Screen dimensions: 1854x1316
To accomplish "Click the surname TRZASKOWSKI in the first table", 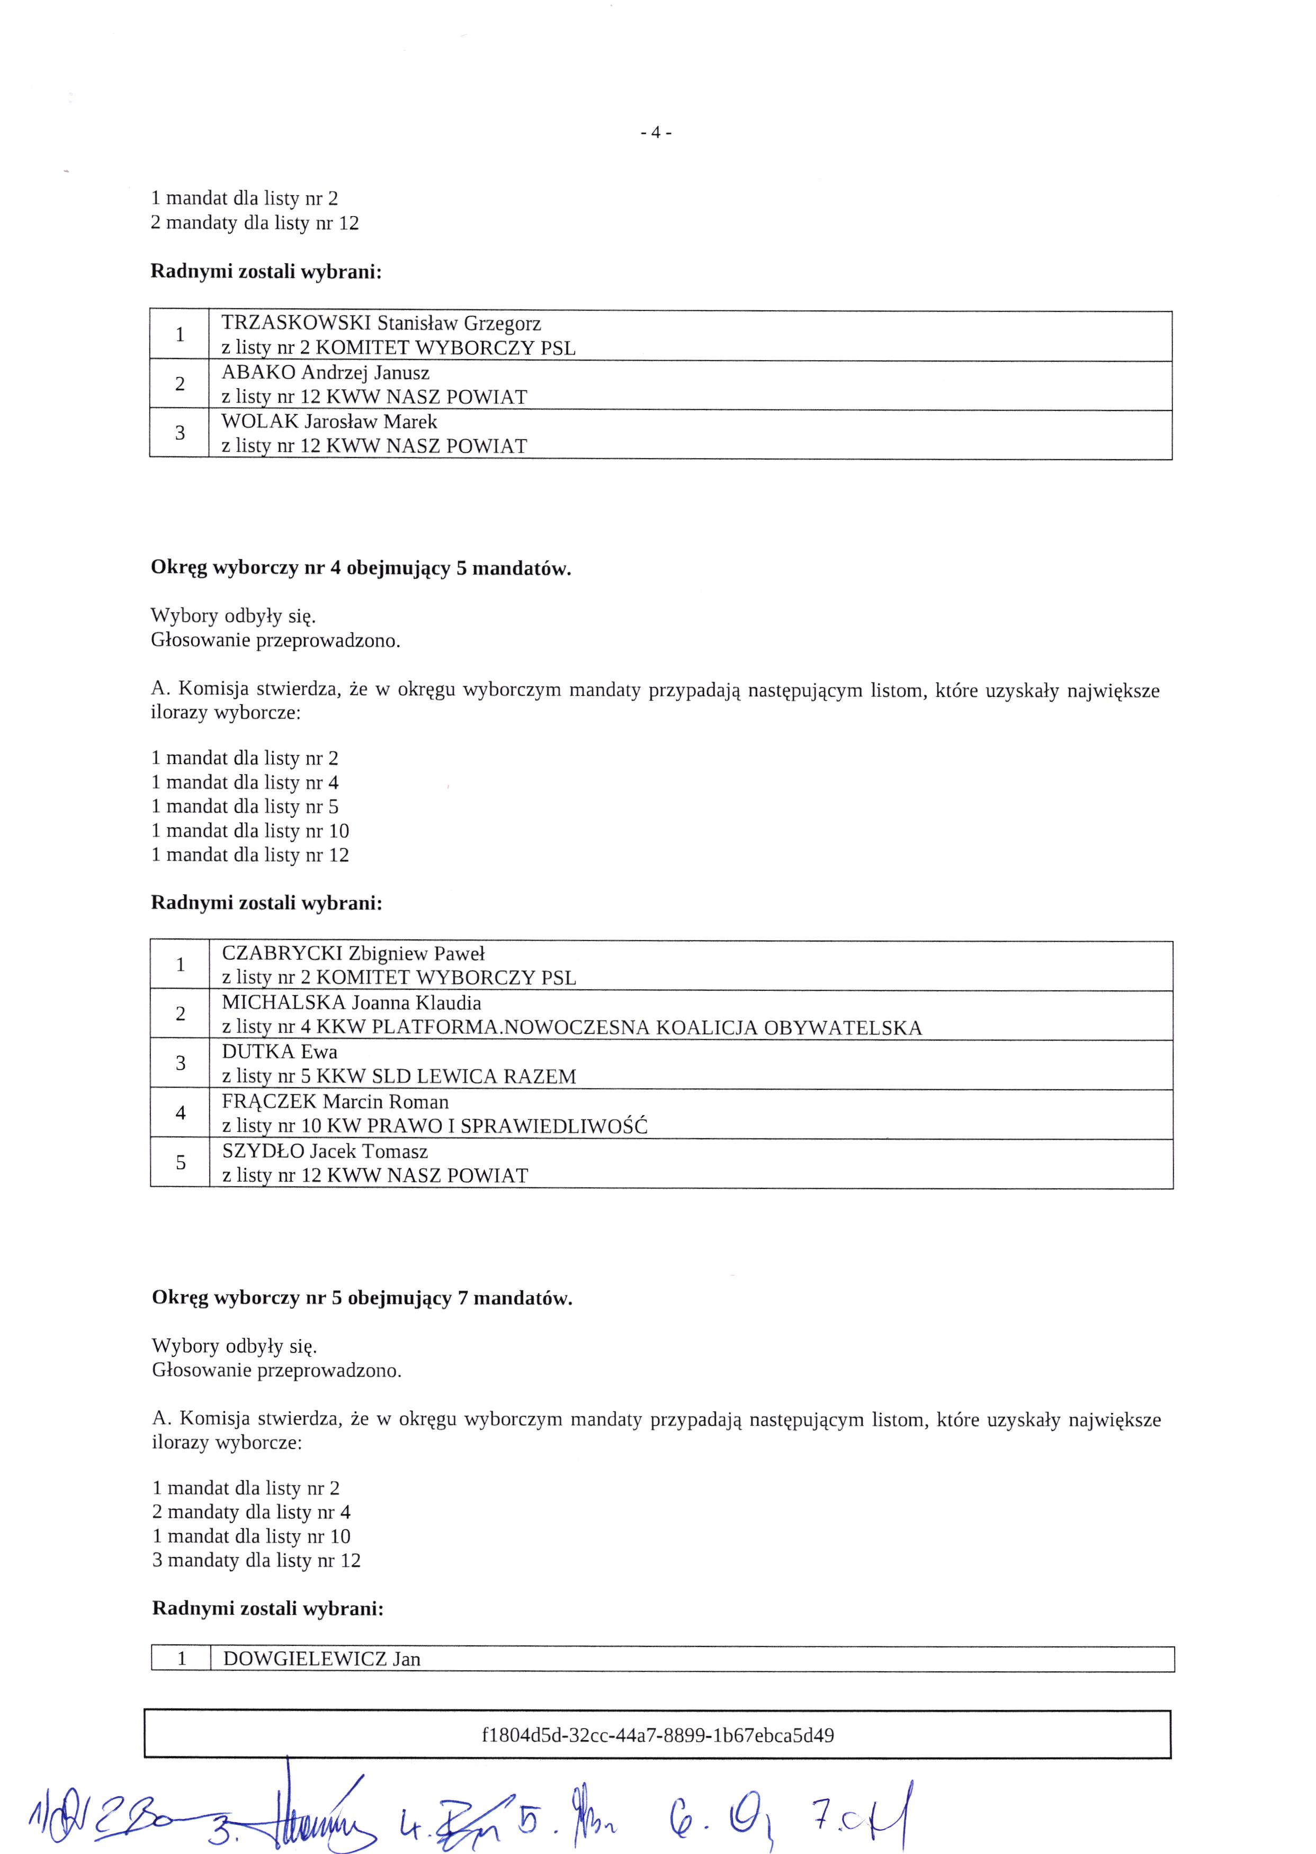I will point(296,324).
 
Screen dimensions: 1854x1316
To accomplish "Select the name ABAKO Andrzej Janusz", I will point(325,373).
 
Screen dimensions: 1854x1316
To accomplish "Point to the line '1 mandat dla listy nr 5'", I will point(245,807).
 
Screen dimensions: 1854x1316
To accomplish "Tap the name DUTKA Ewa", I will point(280,1052).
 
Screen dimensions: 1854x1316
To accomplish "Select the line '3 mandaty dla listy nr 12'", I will point(256,1560).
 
